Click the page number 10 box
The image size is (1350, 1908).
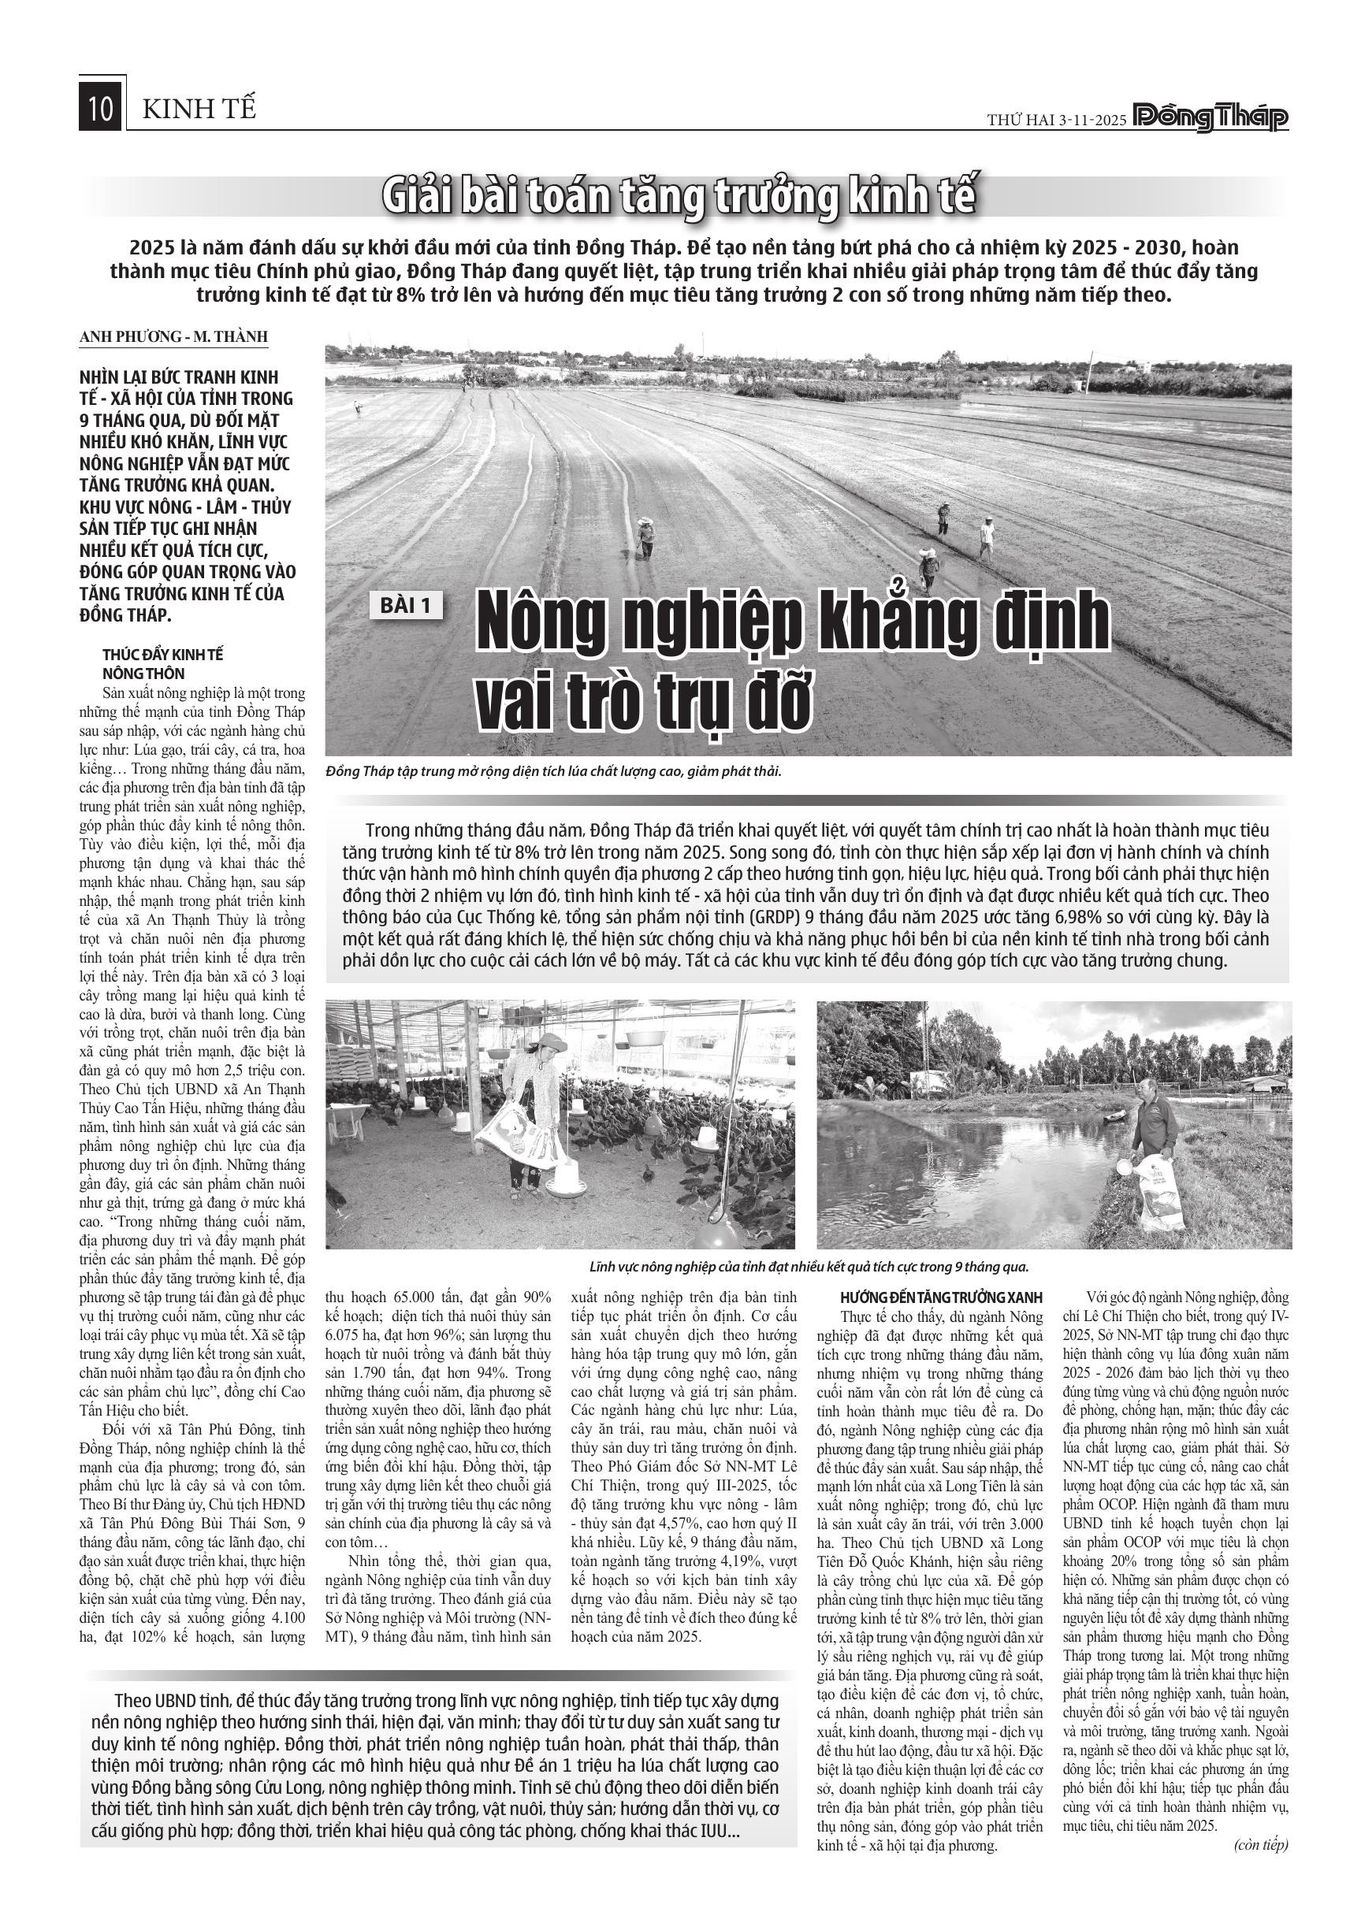tap(102, 109)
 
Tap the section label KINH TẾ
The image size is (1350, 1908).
tap(199, 109)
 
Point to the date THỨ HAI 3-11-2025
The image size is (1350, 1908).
tap(1056, 121)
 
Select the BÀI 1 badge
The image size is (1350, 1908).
tap(407, 605)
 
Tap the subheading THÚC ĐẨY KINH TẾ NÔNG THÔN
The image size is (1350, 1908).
tap(163, 664)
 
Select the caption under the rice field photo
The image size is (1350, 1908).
tap(555, 771)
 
